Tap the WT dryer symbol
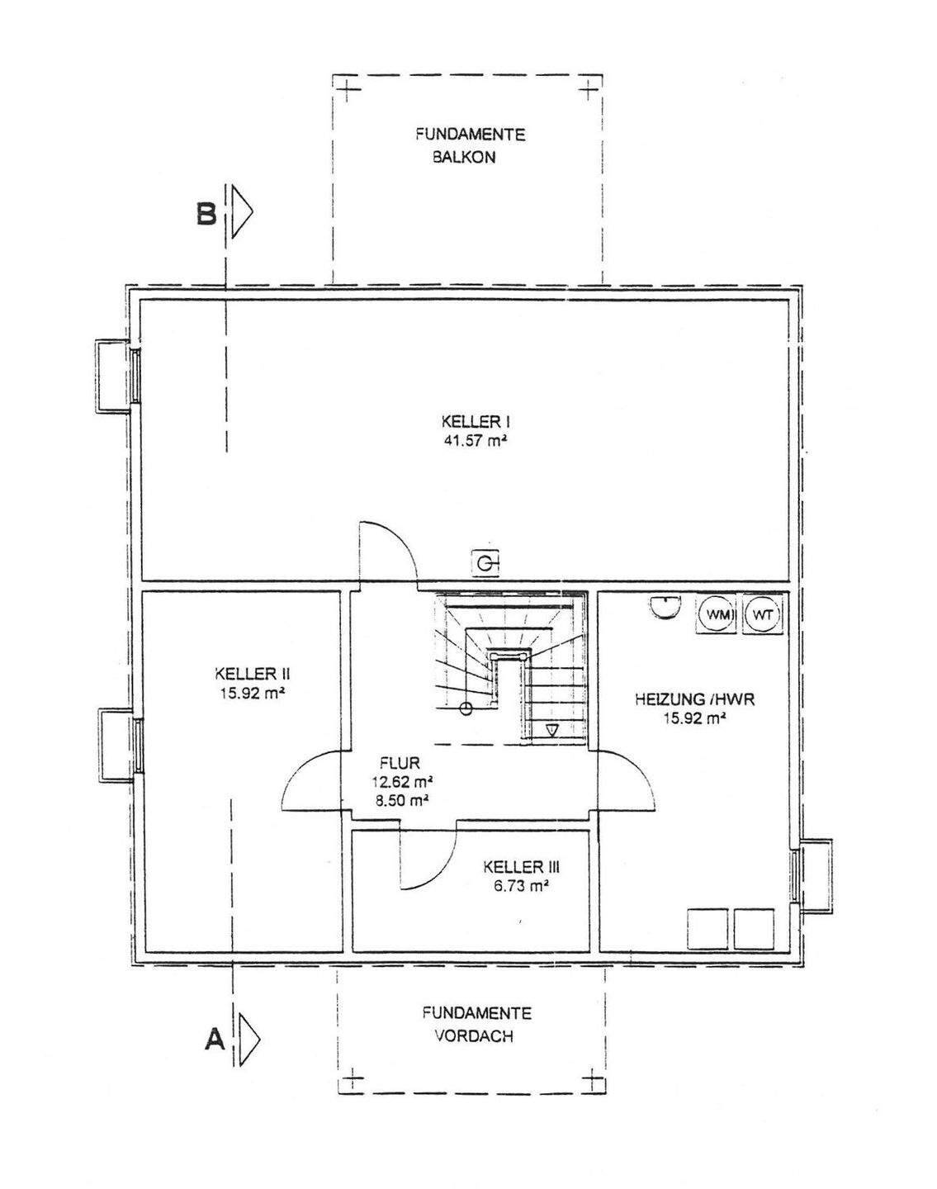click(x=762, y=615)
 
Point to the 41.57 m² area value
click(x=474, y=441)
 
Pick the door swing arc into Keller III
click(x=429, y=863)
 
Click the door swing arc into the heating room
click(x=629, y=780)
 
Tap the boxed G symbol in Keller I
click(x=486, y=563)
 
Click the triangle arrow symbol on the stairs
click(x=551, y=730)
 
